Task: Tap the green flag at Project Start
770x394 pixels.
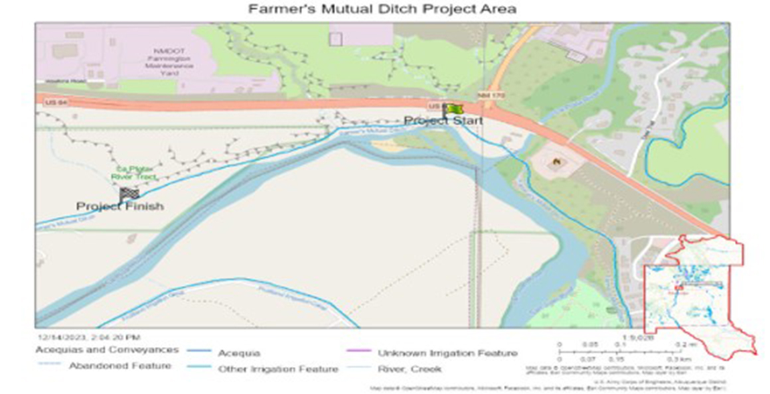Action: coord(454,109)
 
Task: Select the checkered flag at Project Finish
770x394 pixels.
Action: coord(129,194)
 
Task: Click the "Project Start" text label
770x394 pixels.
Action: coord(443,121)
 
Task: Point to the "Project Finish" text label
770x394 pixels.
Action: coord(119,206)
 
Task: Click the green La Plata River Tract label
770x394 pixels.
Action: coord(136,172)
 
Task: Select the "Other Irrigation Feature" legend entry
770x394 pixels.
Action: coord(278,369)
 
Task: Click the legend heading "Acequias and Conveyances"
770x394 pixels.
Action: coord(107,350)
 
